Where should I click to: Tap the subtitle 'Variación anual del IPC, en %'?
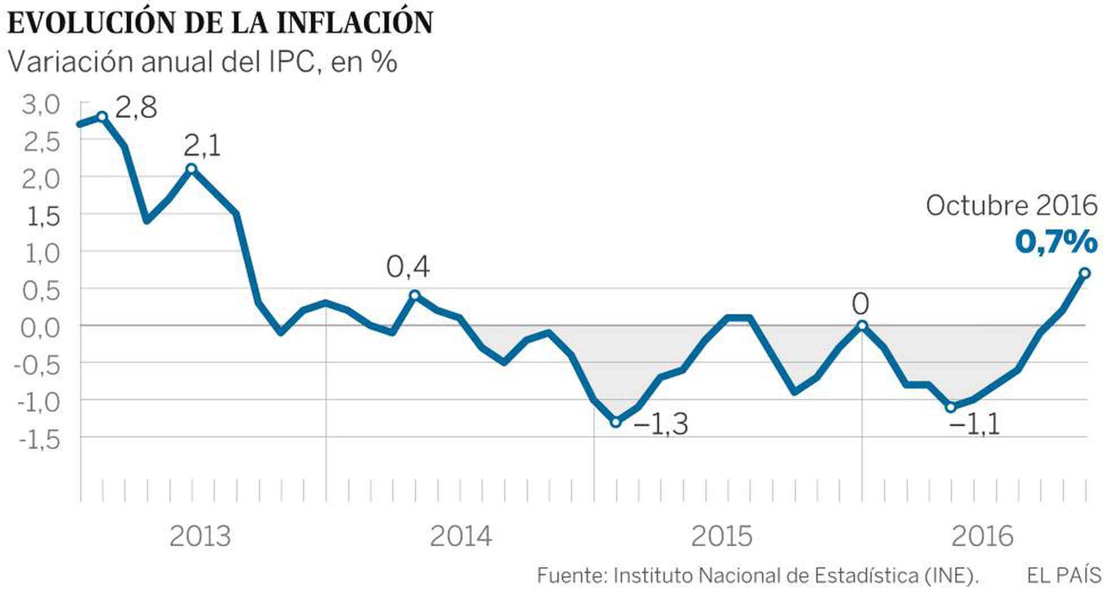click(x=202, y=62)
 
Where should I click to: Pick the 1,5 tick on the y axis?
click(x=42, y=216)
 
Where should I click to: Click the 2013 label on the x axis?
click(x=200, y=536)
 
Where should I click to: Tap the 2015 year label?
click(x=722, y=536)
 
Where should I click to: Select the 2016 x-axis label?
click(x=983, y=536)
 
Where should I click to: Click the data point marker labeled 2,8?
click(x=102, y=117)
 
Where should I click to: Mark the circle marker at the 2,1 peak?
click(x=191, y=169)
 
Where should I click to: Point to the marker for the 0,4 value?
click(x=414, y=295)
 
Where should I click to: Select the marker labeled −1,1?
click(x=951, y=407)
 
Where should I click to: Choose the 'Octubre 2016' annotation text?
click(x=1011, y=206)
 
